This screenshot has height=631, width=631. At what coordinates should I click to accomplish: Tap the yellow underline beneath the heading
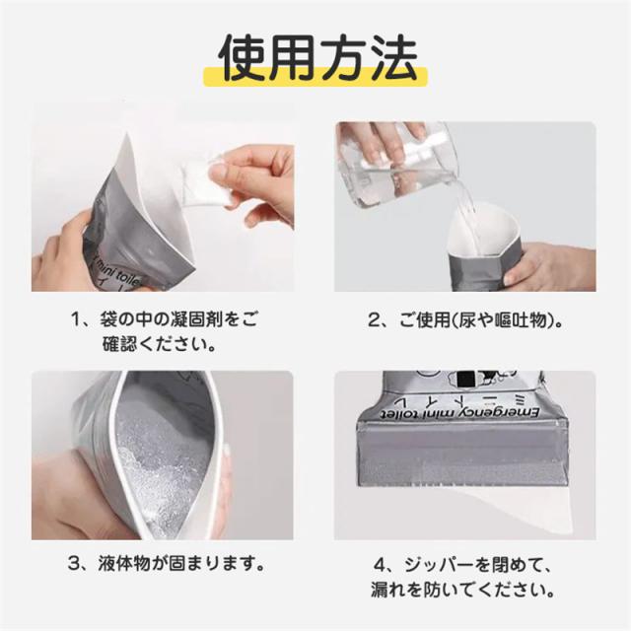click(x=315, y=77)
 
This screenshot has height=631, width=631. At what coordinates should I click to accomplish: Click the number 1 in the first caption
click(x=77, y=320)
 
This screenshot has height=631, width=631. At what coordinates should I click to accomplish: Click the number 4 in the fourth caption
click(x=381, y=565)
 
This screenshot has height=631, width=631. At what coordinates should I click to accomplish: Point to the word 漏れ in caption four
click(x=387, y=590)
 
